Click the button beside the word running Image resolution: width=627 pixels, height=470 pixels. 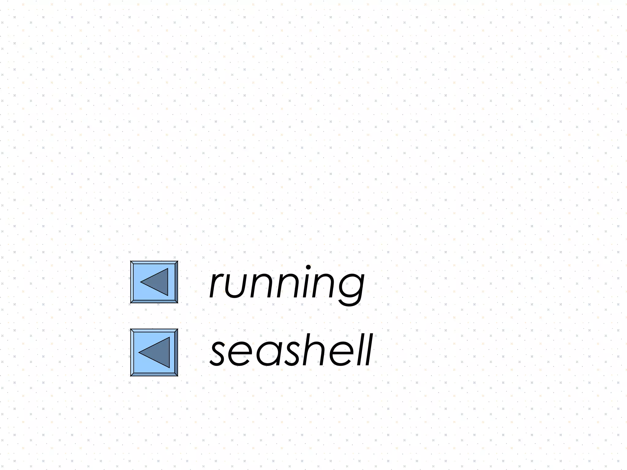point(154,282)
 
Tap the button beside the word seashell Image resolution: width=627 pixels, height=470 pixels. point(154,352)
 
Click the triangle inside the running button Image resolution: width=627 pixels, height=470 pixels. point(158,282)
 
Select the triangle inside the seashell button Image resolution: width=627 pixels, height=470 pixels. point(158,352)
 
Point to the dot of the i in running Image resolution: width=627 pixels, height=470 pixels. point(309,268)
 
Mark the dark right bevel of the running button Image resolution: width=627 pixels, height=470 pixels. point(176,282)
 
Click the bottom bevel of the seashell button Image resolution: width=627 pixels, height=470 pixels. point(154,374)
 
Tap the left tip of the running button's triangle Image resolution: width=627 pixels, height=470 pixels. point(141,282)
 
